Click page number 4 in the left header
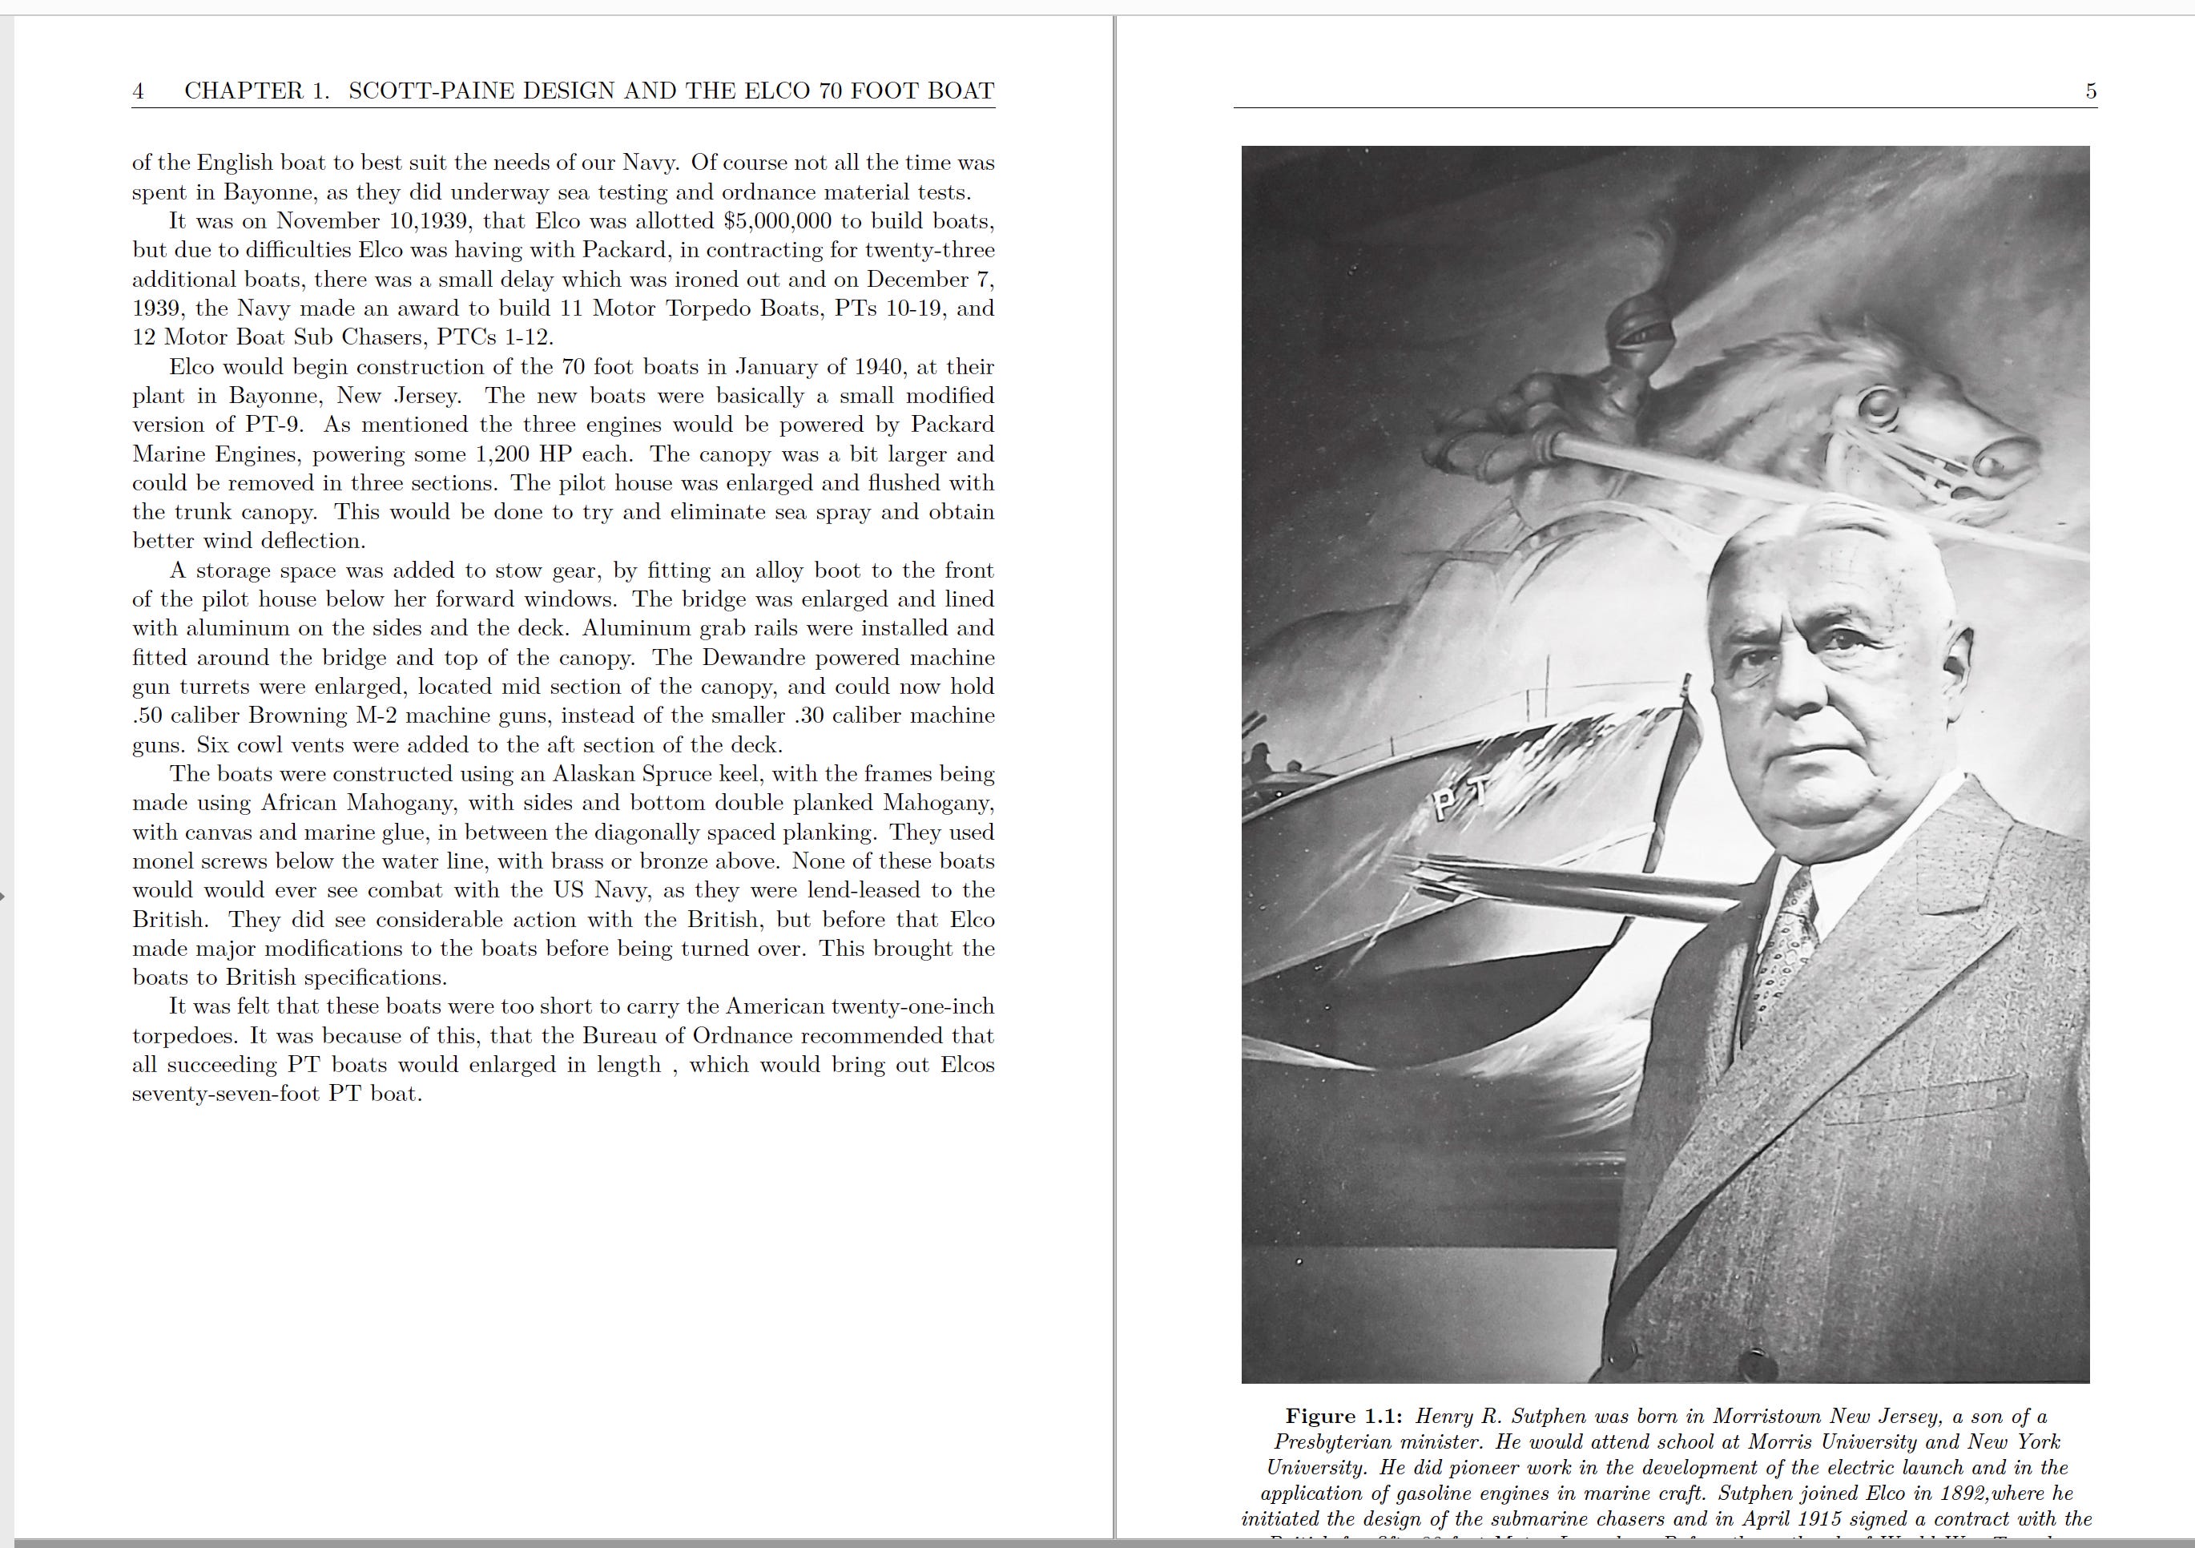pyautogui.click(x=139, y=91)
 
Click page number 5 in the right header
pyautogui.click(x=2091, y=91)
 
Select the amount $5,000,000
pyautogui.click(x=778, y=221)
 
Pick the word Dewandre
pyautogui.click(x=761, y=658)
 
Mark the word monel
pyautogui.click(x=163, y=861)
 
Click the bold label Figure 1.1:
pyautogui.click(x=1344, y=1416)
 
